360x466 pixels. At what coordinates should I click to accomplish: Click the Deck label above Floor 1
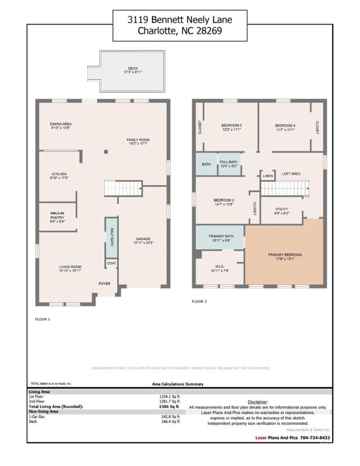[133, 70]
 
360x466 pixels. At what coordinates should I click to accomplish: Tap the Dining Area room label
[61, 125]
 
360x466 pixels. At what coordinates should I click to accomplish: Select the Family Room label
[139, 140]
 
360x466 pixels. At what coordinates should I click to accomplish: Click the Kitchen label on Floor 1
[59, 175]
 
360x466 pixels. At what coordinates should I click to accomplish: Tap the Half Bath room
[111, 238]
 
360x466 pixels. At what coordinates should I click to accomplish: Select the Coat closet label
[111, 264]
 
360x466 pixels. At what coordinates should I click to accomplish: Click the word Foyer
[104, 284]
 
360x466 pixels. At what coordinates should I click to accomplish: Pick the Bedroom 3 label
[231, 126]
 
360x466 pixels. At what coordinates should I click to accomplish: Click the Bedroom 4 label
[285, 126]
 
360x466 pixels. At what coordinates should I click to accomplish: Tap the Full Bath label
[228, 163]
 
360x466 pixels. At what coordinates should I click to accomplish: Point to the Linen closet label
[267, 176]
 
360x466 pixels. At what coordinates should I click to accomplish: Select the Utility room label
[282, 210]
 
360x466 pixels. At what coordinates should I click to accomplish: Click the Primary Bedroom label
[285, 256]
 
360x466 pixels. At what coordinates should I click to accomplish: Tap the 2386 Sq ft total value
[170, 406]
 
